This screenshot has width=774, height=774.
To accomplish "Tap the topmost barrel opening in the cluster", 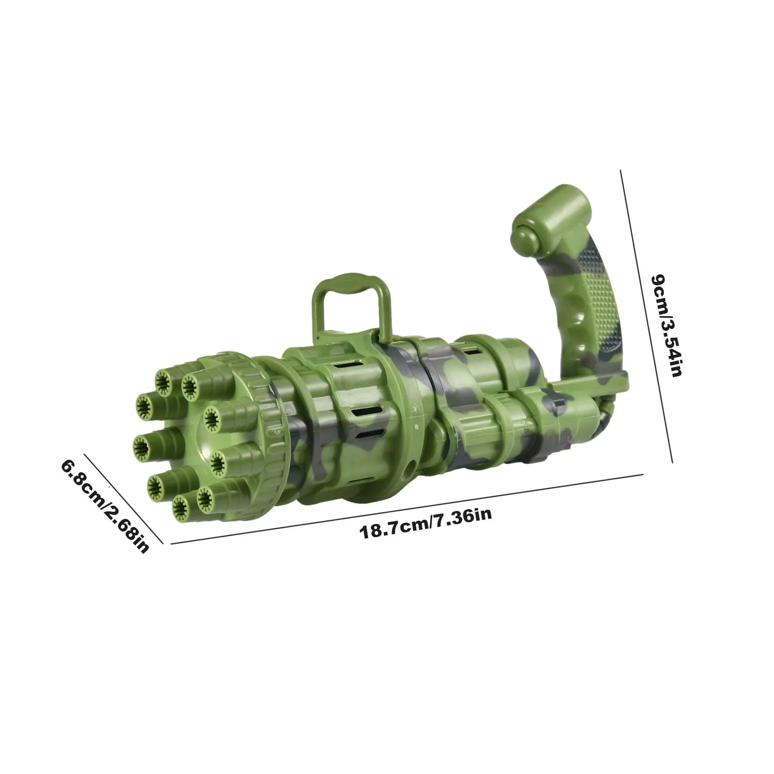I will (x=165, y=381).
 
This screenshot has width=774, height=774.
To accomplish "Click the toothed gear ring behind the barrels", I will (x=271, y=425).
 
